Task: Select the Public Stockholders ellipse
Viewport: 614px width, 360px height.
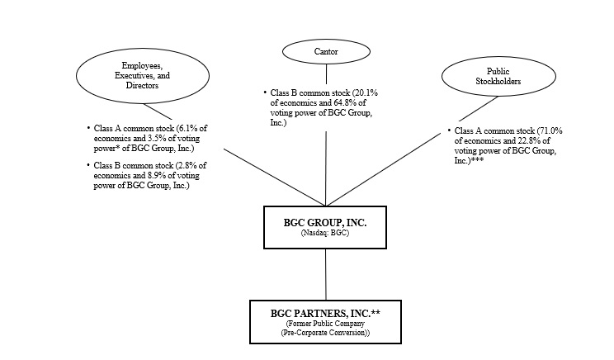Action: point(492,78)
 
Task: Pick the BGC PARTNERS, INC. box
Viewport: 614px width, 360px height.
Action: point(325,321)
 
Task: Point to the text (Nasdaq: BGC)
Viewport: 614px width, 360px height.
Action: point(326,234)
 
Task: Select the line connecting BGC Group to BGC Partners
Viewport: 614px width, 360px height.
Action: point(326,274)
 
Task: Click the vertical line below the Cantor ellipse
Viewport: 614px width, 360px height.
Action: point(326,165)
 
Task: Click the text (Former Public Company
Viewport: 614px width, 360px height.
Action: point(325,324)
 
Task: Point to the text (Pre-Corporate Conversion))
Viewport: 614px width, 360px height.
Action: point(325,333)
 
